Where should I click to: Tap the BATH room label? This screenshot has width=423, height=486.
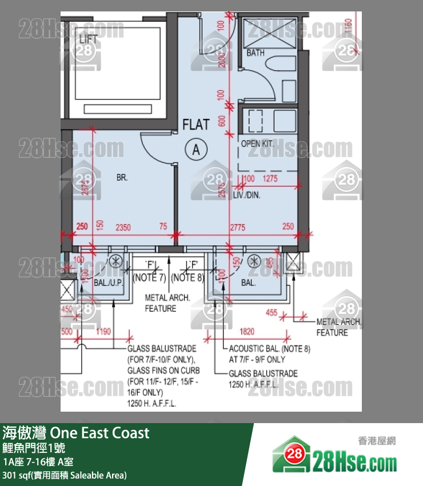tap(256, 53)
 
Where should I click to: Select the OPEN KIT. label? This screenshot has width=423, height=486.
tap(257, 144)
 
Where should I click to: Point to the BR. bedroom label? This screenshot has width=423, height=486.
tap(122, 178)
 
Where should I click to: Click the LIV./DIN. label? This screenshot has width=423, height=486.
tap(246, 195)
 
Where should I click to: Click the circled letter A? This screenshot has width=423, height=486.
tap(195, 150)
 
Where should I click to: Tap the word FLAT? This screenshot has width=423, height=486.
tap(196, 124)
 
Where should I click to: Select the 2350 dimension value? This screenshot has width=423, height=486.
tap(123, 228)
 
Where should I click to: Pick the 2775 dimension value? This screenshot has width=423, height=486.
tap(237, 228)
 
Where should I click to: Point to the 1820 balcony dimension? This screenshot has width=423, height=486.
tap(248, 331)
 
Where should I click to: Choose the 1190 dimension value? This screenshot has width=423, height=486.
tap(103, 331)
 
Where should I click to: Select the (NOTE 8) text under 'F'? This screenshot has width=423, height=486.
tap(187, 278)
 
